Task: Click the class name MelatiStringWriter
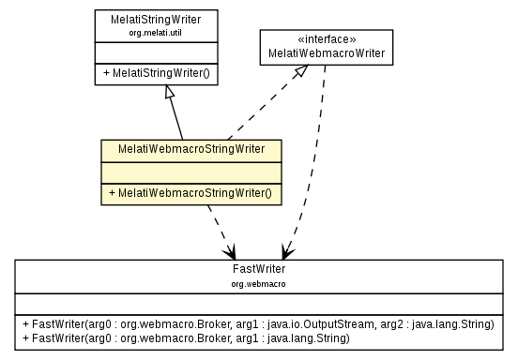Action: point(157,19)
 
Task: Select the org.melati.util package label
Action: point(157,32)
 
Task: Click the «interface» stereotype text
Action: point(326,40)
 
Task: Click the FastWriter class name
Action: point(259,268)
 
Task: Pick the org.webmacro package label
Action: point(259,281)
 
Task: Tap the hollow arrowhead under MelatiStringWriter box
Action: point(167,92)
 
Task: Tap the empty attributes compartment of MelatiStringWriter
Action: point(156,52)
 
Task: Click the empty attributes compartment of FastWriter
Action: point(259,302)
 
